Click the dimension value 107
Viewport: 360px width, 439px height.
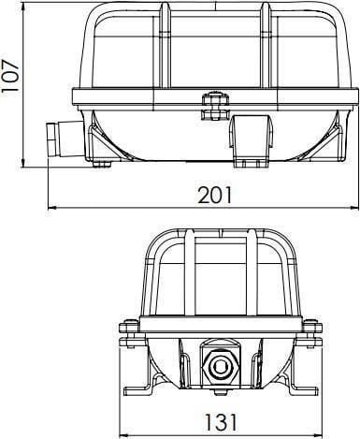point(10,75)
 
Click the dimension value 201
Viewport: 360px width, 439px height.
point(215,195)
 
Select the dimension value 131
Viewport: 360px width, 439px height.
point(221,422)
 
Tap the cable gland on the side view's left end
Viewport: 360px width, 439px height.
point(65,139)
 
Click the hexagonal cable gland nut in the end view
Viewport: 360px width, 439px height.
point(221,365)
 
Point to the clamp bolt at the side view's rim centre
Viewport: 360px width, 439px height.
point(215,107)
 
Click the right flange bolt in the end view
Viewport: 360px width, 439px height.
point(311,333)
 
